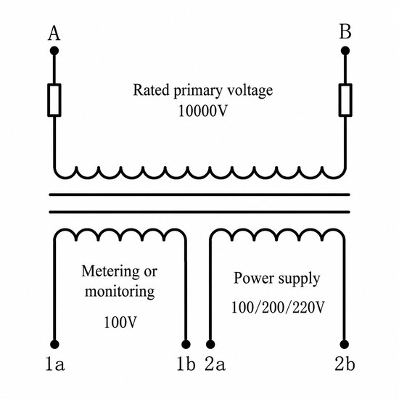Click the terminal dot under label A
coord(54,51)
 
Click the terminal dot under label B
coord(345,51)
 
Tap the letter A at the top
coord(54,34)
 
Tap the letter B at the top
coord(345,32)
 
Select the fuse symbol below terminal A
coord(54,100)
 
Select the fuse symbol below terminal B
coord(345,100)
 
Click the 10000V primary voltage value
coord(202,111)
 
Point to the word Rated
coord(151,90)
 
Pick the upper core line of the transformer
coord(199,194)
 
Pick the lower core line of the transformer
coord(199,212)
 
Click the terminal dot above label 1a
coord(54,345)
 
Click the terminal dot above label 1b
coord(186,345)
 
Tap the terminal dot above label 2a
coord(210,345)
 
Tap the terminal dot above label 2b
coord(345,345)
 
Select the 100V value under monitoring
coord(120,322)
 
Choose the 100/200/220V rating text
coord(278,307)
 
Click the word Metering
coord(110,272)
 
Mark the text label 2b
coord(345,364)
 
